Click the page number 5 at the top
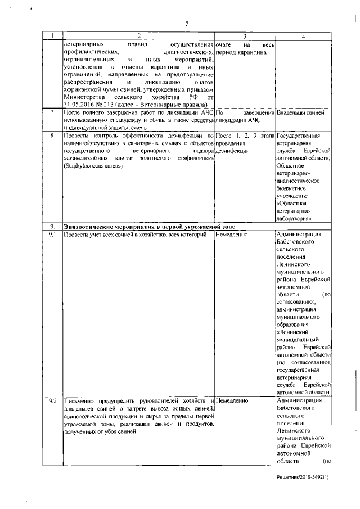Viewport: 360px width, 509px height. pyautogui.click(x=188, y=23)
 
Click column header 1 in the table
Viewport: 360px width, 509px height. pyautogui.click(x=52, y=37)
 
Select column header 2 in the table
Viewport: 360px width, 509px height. pyautogui.click(x=138, y=37)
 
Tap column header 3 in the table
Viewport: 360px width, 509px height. pyautogui.click(x=245, y=37)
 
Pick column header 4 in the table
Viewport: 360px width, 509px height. pyautogui.click(x=303, y=37)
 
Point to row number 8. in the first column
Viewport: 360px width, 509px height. pyautogui.click(x=52, y=136)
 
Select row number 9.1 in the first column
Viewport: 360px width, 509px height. pyautogui.click(x=52, y=234)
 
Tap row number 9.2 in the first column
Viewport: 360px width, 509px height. pyautogui.click(x=52, y=400)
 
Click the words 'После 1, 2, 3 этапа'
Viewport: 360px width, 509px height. pyautogui.click(x=245, y=136)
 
